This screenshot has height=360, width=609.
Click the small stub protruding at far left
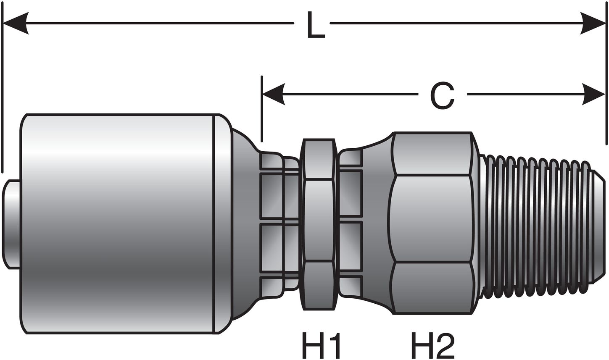(11, 224)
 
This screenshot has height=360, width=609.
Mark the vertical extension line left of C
(262, 109)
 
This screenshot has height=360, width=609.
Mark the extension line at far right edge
(606, 84)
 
